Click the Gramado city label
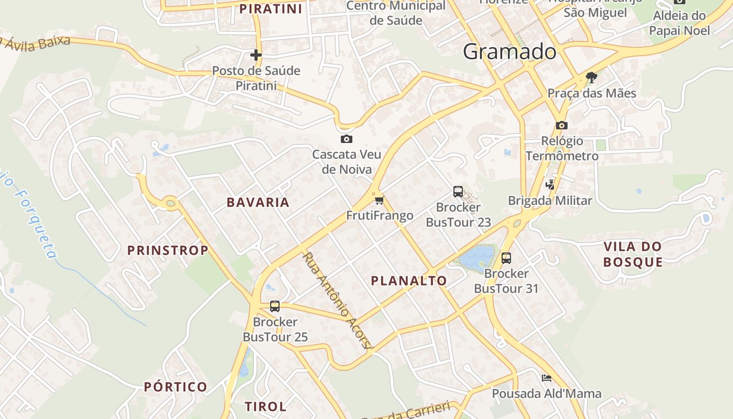tap(509, 51)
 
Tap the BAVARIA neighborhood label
tap(258, 203)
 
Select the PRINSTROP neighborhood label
tap(168, 250)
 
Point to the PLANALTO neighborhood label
tap(409, 281)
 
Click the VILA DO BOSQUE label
tap(632, 254)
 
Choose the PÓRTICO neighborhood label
tap(176, 387)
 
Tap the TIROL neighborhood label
tap(265, 406)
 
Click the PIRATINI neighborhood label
tap(271, 9)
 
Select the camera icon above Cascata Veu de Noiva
tap(346, 139)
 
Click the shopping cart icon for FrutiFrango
tap(380, 200)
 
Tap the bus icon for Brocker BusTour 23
tap(458, 192)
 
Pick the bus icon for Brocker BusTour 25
tap(275, 306)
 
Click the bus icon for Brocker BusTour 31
tap(506, 258)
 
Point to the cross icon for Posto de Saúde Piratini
tap(256, 54)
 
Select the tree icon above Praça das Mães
tap(592, 78)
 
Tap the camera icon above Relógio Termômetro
tap(562, 125)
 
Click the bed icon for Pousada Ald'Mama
tap(547, 378)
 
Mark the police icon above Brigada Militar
tap(550, 184)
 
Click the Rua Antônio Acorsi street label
tap(338, 301)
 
